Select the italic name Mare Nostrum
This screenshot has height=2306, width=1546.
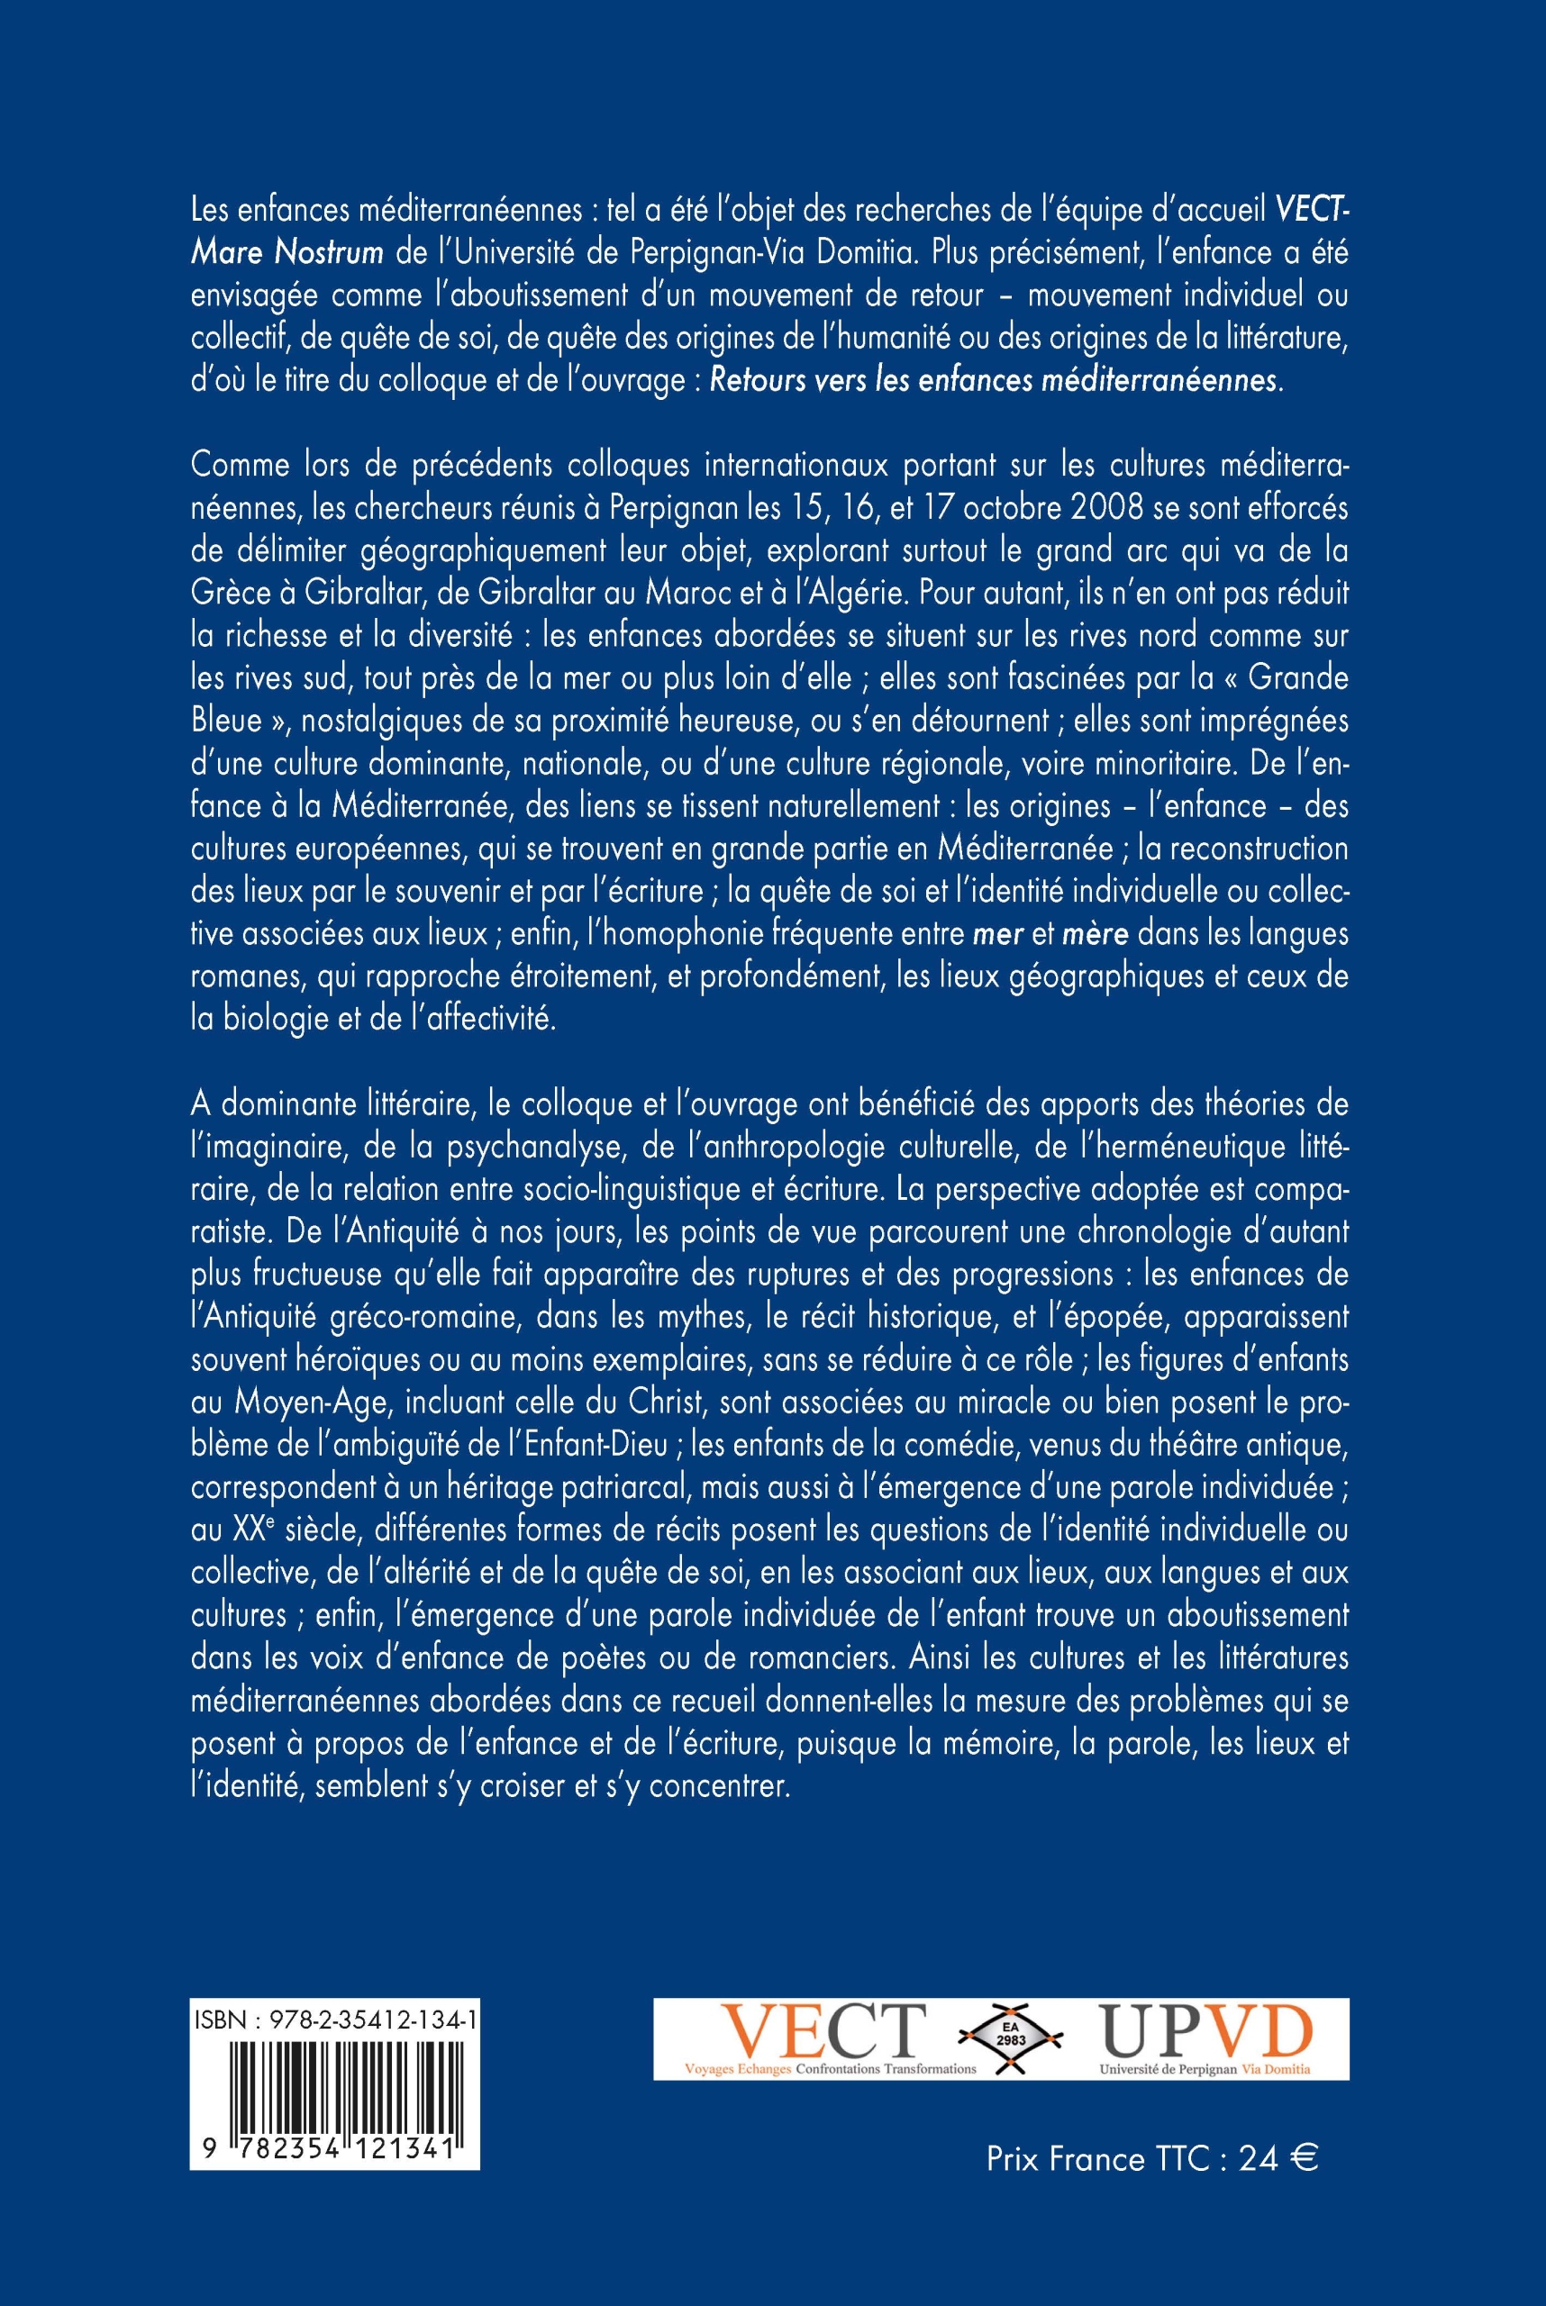pos(286,253)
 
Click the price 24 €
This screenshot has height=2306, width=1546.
pos(1278,2159)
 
